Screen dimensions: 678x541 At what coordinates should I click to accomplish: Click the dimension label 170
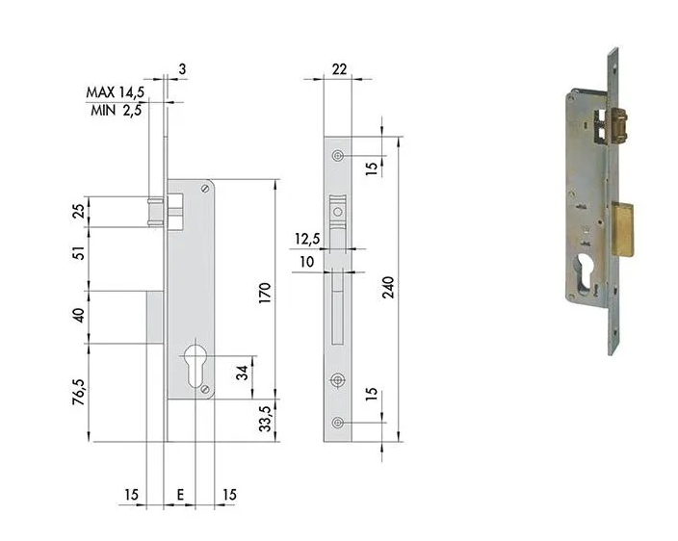pyautogui.click(x=265, y=293)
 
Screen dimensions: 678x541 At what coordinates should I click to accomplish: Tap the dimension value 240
pyautogui.click(x=388, y=288)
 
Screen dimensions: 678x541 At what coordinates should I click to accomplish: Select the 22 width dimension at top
pyautogui.click(x=339, y=68)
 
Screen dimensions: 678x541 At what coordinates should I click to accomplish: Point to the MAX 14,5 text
pyautogui.click(x=115, y=92)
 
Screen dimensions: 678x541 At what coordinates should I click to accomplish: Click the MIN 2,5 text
pyautogui.click(x=116, y=111)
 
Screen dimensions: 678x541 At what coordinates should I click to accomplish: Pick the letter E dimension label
pyautogui.click(x=181, y=494)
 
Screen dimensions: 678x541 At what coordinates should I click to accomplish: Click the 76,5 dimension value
pyautogui.click(x=79, y=392)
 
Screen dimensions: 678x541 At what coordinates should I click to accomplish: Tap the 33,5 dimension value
pyautogui.click(x=265, y=419)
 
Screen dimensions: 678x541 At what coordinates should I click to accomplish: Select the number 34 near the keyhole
pyautogui.click(x=242, y=373)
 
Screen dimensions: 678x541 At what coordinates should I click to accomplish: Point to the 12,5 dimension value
pyautogui.click(x=307, y=239)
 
